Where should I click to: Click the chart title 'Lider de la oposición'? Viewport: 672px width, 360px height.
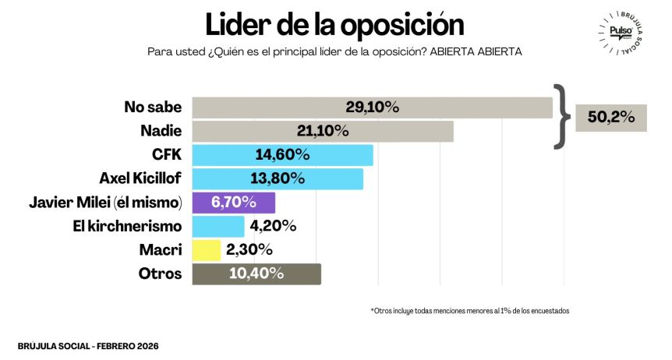pyautogui.click(x=334, y=23)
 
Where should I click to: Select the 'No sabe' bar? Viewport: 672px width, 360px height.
pyautogui.click(x=372, y=108)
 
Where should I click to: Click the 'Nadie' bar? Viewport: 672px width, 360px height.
pyautogui.click(x=323, y=131)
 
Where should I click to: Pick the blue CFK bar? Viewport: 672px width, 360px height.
pyautogui.click(x=282, y=155)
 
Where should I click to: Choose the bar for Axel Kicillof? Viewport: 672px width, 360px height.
pyautogui.click(x=278, y=178)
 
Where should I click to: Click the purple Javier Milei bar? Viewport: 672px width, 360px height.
pyautogui.click(x=233, y=203)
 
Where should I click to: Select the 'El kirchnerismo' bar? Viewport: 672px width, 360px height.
pyautogui.click(x=218, y=226)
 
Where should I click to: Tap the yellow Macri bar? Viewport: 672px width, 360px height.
pyautogui.click(x=207, y=250)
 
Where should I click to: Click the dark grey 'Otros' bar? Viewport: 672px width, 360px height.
pyautogui.click(x=256, y=274)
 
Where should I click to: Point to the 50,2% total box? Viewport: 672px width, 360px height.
pyautogui.click(x=611, y=118)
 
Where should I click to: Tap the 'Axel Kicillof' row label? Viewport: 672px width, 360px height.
pyautogui.click(x=140, y=178)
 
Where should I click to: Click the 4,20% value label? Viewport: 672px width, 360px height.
pyautogui.click(x=273, y=226)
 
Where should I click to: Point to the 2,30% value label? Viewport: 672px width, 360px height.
pyautogui.click(x=249, y=250)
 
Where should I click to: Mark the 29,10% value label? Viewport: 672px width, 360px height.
pyautogui.click(x=372, y=108)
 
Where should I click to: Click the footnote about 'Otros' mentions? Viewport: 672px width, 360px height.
pyautogui.click(x=470, y=310)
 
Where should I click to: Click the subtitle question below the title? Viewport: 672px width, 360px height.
pyautogui.click(x=334, y=51)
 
